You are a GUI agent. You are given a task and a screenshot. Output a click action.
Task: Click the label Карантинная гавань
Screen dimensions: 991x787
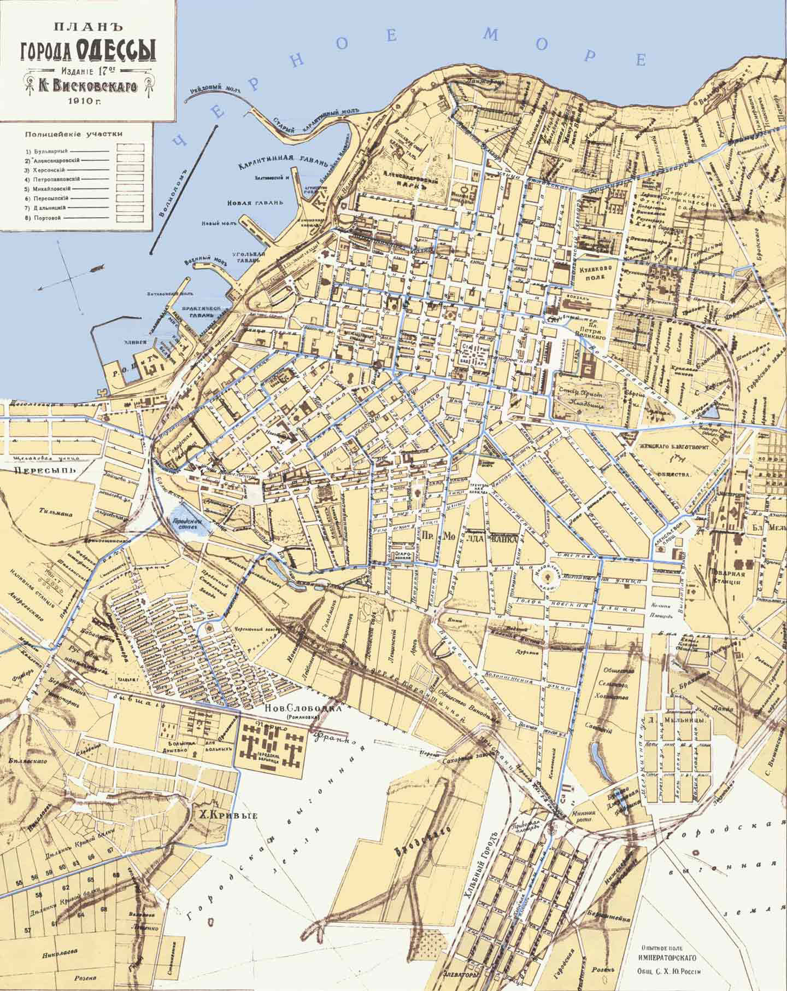(x=283, y=162)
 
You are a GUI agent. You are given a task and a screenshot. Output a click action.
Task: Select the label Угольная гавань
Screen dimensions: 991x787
(x=251, y=259)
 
